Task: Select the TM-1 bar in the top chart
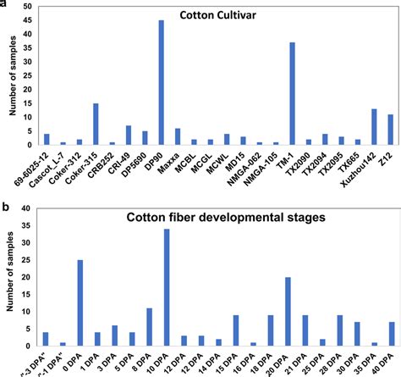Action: (x=268, y=93)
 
